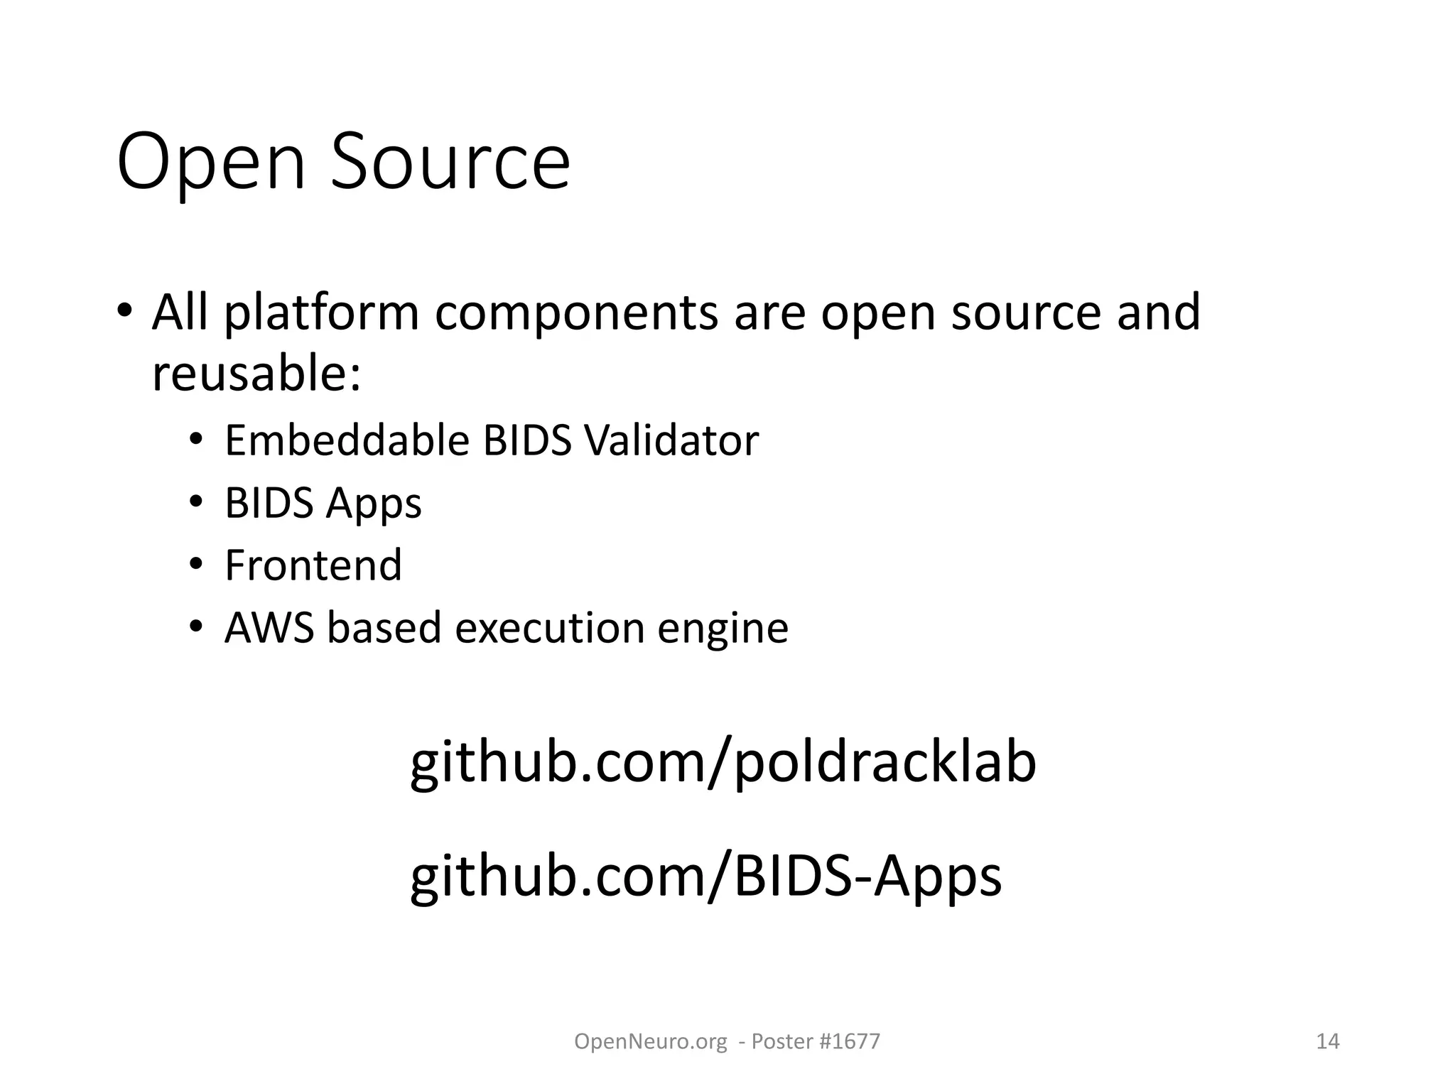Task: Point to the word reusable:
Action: pos(256,374)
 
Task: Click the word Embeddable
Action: pos(347,440)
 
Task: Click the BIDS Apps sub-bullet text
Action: pos(323,503)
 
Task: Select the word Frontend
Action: pos(313,565)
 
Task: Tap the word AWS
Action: pos(269,628)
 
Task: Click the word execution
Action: pos(549,628)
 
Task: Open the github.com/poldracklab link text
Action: pos(723,763)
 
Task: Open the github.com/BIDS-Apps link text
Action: pos(705,876)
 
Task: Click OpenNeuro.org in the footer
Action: pos(650,1041)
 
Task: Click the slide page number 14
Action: pos(1328,1041)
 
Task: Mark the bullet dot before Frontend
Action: pos(196,565)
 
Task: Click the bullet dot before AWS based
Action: pos(196,628)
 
